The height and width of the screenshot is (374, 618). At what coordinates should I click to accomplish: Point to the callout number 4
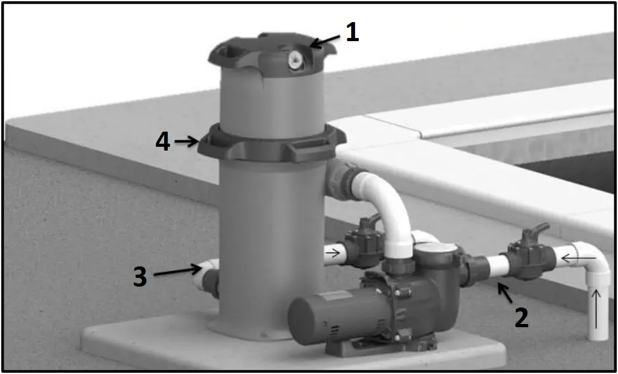(x=163, y=141)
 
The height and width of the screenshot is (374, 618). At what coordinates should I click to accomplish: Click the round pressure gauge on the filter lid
(x=295, y=60)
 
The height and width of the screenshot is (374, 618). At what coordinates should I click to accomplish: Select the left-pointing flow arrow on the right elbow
(x=579, y=258)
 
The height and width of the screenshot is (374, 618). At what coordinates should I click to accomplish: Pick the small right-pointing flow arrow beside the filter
(x=332, y=255)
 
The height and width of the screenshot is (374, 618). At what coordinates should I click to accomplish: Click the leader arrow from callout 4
(x=188, y=142)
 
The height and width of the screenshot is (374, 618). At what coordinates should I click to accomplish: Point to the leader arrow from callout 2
(x=505, y=293)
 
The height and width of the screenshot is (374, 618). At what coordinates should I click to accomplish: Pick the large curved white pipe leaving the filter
(x=390, y=203)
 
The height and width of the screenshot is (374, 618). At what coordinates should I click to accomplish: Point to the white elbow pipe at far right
(x=593, y=266)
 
